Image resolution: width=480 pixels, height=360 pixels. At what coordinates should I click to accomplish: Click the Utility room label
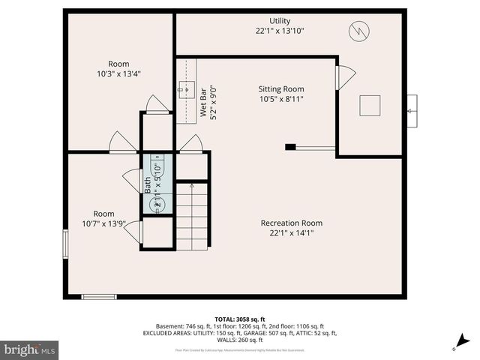click(280, 21)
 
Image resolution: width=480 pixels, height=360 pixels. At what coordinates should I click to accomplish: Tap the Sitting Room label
click(281, 88)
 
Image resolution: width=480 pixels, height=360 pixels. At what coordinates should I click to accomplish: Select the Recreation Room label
click(291, 223)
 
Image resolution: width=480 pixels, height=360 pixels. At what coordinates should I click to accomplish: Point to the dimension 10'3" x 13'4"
click(118, 73)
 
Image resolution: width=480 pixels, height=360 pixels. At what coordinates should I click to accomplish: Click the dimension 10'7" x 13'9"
click(103, 223)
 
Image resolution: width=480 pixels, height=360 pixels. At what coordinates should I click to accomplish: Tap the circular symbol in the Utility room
click(358, 31)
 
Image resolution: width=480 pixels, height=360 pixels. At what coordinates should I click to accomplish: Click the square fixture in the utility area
click(370, 106)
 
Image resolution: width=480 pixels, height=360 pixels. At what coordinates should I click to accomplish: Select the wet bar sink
click(185, 91)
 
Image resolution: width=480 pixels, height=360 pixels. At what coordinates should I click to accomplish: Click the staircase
click(192, 217)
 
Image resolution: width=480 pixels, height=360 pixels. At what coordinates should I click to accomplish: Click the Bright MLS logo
click(30, 349)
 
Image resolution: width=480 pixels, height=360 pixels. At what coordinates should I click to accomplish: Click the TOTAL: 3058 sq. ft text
click(239, 318)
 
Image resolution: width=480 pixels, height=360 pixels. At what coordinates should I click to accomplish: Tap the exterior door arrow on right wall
click(410, 111)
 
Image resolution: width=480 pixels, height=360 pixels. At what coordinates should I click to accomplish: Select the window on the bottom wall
click(99, 296)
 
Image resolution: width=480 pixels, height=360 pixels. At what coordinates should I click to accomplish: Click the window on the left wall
click(65, 242)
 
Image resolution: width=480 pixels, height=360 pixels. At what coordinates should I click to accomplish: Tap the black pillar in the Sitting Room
click(290, 147)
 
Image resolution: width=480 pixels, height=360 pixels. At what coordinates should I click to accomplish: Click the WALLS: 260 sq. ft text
click(239, 340)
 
